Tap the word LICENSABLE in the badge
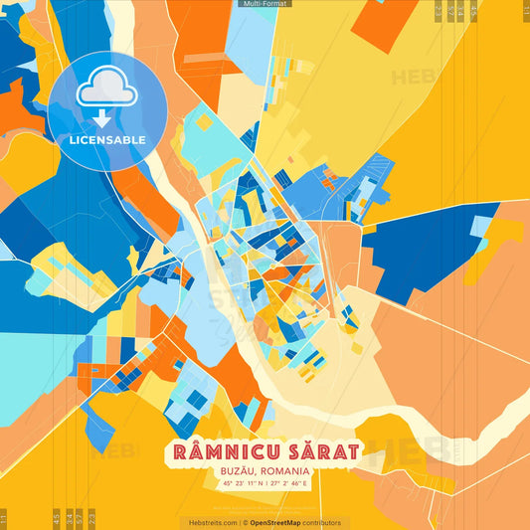(x=106, y=140)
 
